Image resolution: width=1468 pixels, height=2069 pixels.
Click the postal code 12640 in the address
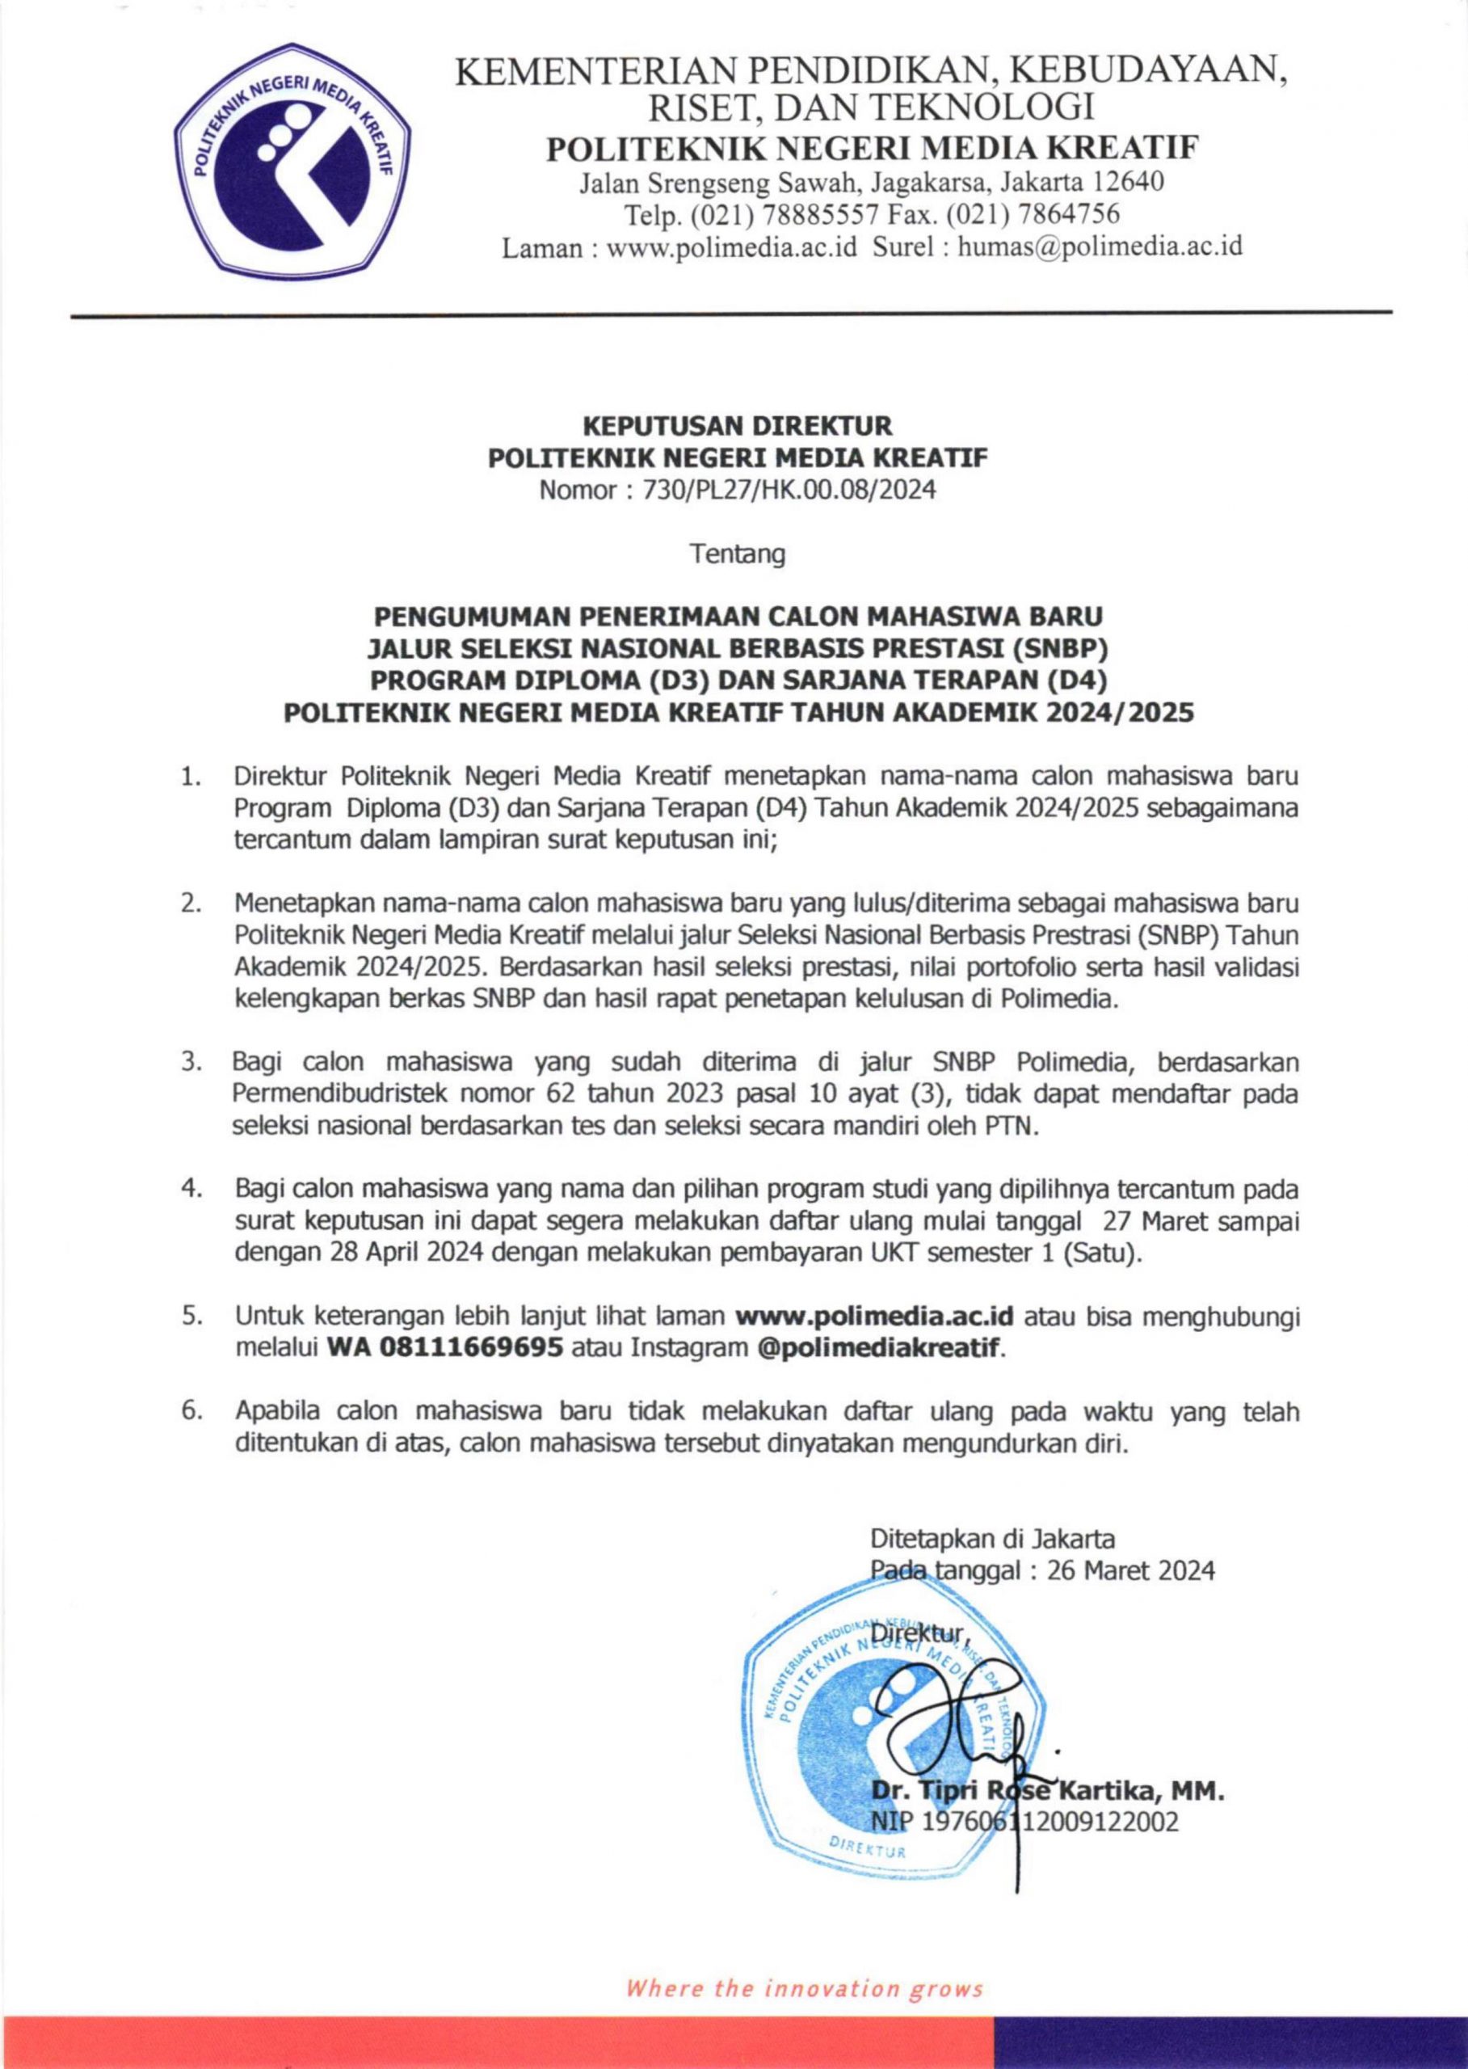(x=1127, y=183)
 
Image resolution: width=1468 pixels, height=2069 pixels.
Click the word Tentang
(x=738, y=554)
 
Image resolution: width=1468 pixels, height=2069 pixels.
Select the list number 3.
(x=191, y=1062)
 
